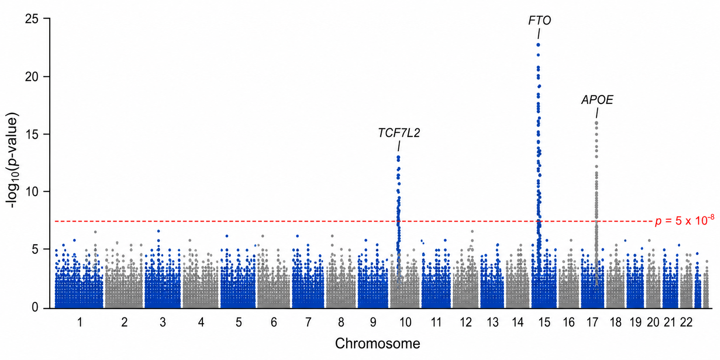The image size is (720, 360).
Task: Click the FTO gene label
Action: [539, 20]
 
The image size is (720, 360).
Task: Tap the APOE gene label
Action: [597, 100]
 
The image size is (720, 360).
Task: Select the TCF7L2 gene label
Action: [399, 133]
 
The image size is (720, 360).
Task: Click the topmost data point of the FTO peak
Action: [538, 45]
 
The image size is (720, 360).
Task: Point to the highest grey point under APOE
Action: [596, 123]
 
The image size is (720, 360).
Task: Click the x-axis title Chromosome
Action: [377, 343]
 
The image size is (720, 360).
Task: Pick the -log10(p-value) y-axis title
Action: [13, 161]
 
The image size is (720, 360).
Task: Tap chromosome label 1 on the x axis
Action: [80, 322]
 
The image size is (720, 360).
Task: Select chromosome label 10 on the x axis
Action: [405, 322]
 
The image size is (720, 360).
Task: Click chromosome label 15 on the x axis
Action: [544, 322]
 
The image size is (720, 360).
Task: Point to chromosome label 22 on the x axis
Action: [686, 322]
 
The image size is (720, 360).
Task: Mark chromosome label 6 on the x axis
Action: [274, 322]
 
